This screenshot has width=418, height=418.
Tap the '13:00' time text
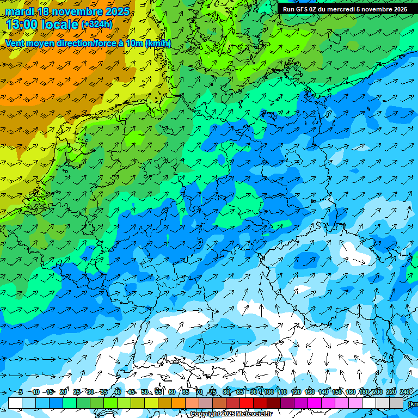[x=22, y=24]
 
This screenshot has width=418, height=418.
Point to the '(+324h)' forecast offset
[x=97, y=24]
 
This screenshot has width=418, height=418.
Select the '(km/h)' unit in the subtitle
[x=158, y=44]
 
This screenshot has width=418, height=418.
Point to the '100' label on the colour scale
[x=269, y=392]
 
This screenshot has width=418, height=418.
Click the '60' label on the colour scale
[x=172, y=392]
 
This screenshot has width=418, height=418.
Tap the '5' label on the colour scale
[x=21, y=392]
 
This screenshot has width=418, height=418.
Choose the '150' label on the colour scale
[x=337, y=392]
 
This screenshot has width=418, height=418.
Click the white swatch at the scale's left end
[x=15, y=403]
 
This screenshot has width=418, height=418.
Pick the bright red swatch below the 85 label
[x=247, y=403]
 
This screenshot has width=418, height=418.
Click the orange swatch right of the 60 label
[x=179, y=403]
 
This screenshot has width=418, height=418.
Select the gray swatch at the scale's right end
[x=396, y=403]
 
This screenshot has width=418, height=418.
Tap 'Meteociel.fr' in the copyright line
[x=254, y=414]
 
